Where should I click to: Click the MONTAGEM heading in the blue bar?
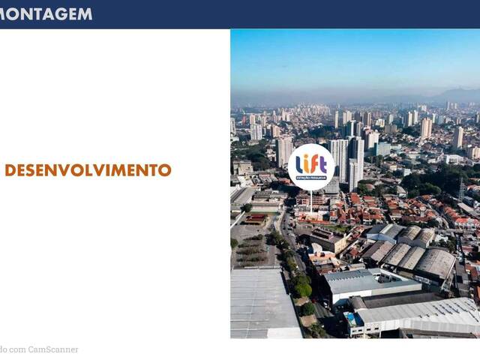(x=46, y=13)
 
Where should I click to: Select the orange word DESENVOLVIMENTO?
(x=88, y=170)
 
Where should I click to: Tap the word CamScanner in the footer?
(x=53, y=349)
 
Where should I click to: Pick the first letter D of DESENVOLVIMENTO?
(x=10, y=170)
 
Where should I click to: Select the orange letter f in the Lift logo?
(x=313, y=163)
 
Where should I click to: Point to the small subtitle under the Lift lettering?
(x=311, y=178)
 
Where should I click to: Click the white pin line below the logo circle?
(x=311, y=201)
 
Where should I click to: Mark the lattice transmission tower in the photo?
(x=460, y=188)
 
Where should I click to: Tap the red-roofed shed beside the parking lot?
(x=255, y=219)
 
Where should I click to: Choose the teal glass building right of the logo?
(x=382, y=148)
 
